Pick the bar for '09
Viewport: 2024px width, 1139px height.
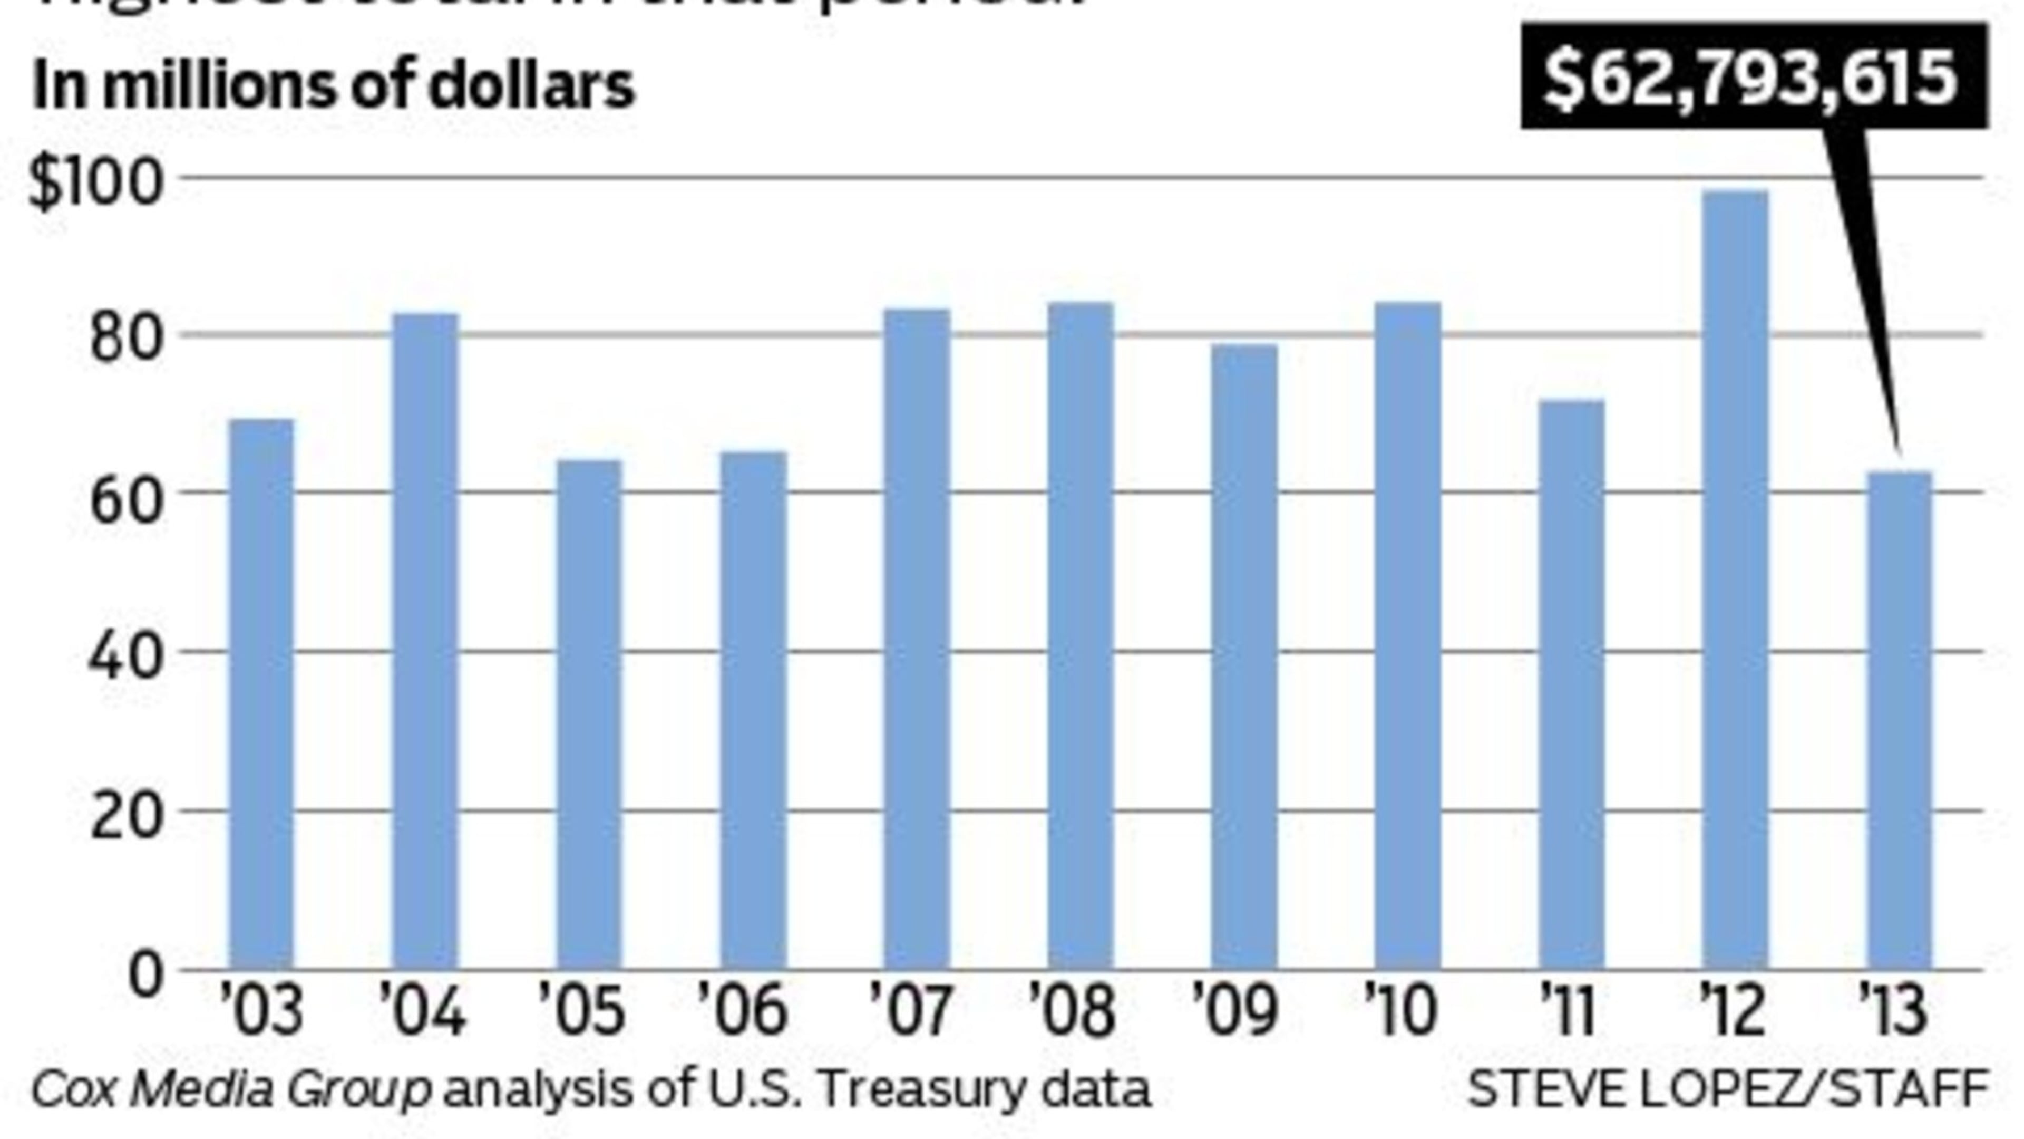click(1244, 657)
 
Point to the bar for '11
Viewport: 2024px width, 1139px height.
click(1571, 684)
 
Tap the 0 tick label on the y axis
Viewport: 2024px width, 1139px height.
click(146, 974)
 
